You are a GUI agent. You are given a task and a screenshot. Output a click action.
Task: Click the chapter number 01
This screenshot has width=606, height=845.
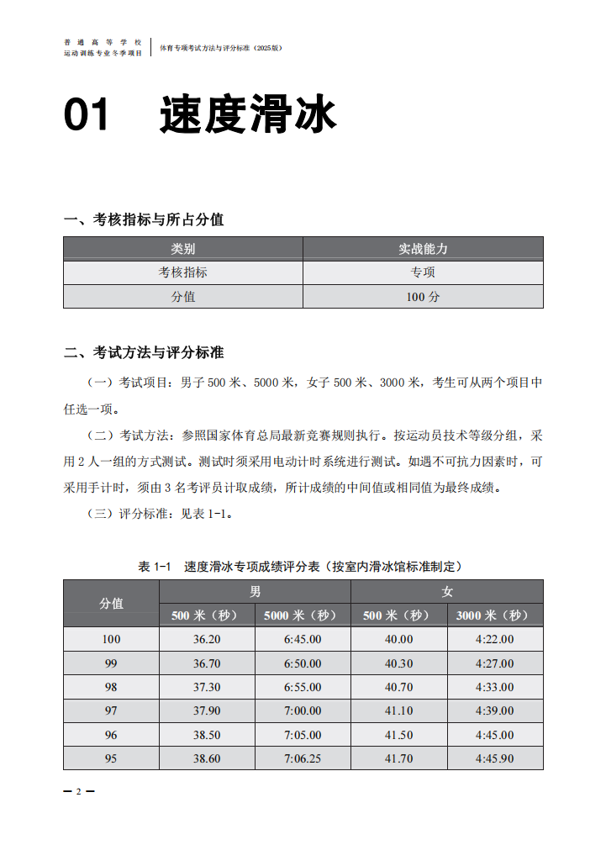point(87,115)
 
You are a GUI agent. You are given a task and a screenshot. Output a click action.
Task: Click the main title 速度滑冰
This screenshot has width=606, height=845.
point(248,115)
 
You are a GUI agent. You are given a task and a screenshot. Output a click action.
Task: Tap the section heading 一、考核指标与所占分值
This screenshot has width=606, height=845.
point(144,220)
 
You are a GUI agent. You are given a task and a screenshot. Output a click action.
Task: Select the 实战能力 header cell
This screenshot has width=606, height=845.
point(423,249)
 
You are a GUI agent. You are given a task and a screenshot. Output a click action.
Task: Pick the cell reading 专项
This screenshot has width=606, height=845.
point(423,272)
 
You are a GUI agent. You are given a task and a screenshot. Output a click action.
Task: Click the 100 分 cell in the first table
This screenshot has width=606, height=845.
point(423,297)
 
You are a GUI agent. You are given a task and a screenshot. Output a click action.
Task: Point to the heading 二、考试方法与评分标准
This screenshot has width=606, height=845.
point(144,352)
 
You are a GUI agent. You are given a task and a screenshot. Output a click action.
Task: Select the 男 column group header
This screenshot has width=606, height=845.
point(255,592)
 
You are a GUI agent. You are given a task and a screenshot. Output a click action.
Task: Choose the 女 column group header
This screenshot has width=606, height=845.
point(447,592)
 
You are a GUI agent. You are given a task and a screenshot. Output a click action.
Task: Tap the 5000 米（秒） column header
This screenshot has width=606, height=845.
point(303,615)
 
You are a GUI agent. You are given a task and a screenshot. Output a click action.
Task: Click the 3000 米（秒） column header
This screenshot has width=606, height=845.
point(495,615)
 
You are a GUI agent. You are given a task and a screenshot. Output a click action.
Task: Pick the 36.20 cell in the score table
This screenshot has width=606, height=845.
point(207,639)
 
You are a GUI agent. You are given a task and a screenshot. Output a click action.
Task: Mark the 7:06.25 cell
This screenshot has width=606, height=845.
point(303,758)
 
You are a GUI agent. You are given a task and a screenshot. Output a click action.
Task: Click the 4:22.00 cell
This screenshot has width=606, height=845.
point(495,639)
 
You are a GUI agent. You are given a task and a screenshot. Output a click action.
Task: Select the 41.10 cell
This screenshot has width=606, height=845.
point(399,710)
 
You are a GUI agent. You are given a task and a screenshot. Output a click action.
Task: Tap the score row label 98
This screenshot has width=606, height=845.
point(111,687)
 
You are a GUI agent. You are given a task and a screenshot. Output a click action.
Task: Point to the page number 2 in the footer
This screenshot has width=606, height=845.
point(79,792)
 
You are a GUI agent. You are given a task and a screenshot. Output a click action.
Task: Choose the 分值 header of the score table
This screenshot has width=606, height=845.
point(111,604)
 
